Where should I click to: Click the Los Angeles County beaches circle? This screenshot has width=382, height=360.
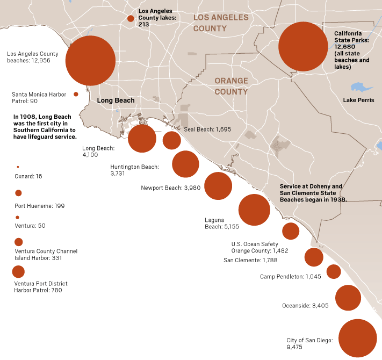(90, 61)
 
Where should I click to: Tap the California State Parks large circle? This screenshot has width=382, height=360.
(303, 47)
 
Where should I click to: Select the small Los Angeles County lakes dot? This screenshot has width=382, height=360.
(131, 19)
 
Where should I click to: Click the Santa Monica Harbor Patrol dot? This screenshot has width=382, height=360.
(76, 94)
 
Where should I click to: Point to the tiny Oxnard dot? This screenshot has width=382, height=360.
(18, 167)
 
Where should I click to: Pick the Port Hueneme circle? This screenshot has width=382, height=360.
(18, 193)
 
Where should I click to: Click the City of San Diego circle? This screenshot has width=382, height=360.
(358, 338)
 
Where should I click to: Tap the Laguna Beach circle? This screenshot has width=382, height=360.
(254, 210)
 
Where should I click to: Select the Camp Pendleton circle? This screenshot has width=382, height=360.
(334, 271)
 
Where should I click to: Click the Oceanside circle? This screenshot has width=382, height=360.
(348, 298)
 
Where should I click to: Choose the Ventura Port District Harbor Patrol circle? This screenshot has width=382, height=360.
(18, 271)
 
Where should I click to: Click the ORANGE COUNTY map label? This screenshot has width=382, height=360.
(231, 86)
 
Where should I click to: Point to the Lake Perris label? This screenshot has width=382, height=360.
(359, 100)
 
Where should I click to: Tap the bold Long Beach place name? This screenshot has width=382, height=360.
(116, 100)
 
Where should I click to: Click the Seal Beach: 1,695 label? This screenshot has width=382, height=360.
(207, 129)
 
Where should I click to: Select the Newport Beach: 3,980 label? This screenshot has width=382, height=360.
(170, 188)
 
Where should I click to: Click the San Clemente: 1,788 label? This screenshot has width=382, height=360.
(250, 260)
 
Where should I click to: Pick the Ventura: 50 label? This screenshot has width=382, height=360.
(30, 226)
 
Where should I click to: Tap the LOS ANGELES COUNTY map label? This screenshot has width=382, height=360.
(221, 23)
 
